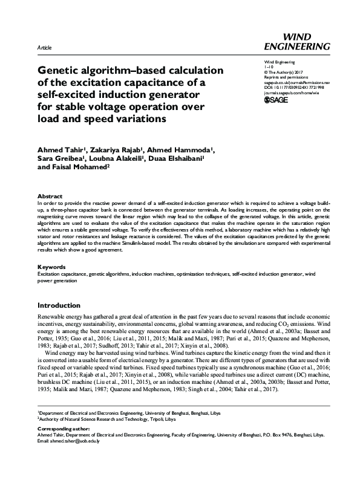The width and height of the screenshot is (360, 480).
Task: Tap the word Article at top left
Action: pos(44,47)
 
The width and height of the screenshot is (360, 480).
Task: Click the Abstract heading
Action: pos(50,196)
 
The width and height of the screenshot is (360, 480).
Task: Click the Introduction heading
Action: pos(59,305)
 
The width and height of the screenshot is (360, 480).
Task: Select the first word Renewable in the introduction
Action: pos(53,316)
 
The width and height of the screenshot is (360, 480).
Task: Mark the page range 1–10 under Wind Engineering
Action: pos(270,68)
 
